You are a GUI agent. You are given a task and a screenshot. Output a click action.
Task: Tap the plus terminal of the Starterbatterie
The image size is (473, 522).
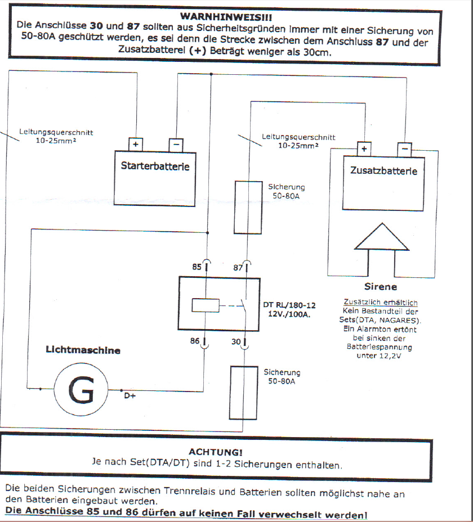(135, 144)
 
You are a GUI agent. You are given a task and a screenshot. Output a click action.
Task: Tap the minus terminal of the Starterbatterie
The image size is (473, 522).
(176, 144)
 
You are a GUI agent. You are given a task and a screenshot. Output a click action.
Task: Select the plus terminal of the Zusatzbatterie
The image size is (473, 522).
(364, 149)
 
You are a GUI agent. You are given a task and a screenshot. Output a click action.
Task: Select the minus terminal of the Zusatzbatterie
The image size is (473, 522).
(404, 149)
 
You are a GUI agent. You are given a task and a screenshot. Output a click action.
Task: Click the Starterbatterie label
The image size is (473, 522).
(155, 166)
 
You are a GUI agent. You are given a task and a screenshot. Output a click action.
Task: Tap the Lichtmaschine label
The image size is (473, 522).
(83, 350)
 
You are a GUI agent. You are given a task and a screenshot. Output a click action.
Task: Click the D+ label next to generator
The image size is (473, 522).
(130, 395)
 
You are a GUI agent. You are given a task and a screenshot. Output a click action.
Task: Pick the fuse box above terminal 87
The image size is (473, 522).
(247, 207)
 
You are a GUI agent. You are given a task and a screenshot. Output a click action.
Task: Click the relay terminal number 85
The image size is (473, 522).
(197, 268)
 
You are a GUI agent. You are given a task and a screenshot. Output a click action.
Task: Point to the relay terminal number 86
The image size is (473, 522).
(195, 341)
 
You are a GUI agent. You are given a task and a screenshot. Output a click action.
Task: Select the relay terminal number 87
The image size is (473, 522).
(238, 268)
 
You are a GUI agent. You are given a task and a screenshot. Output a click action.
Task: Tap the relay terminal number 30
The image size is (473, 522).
(236, 341)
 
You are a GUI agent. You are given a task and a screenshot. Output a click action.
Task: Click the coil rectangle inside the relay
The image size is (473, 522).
(205, 305)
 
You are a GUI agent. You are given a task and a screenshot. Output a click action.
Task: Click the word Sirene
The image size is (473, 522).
(380, 286)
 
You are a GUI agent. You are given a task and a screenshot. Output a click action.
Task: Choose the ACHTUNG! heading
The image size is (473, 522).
(216, 452)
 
